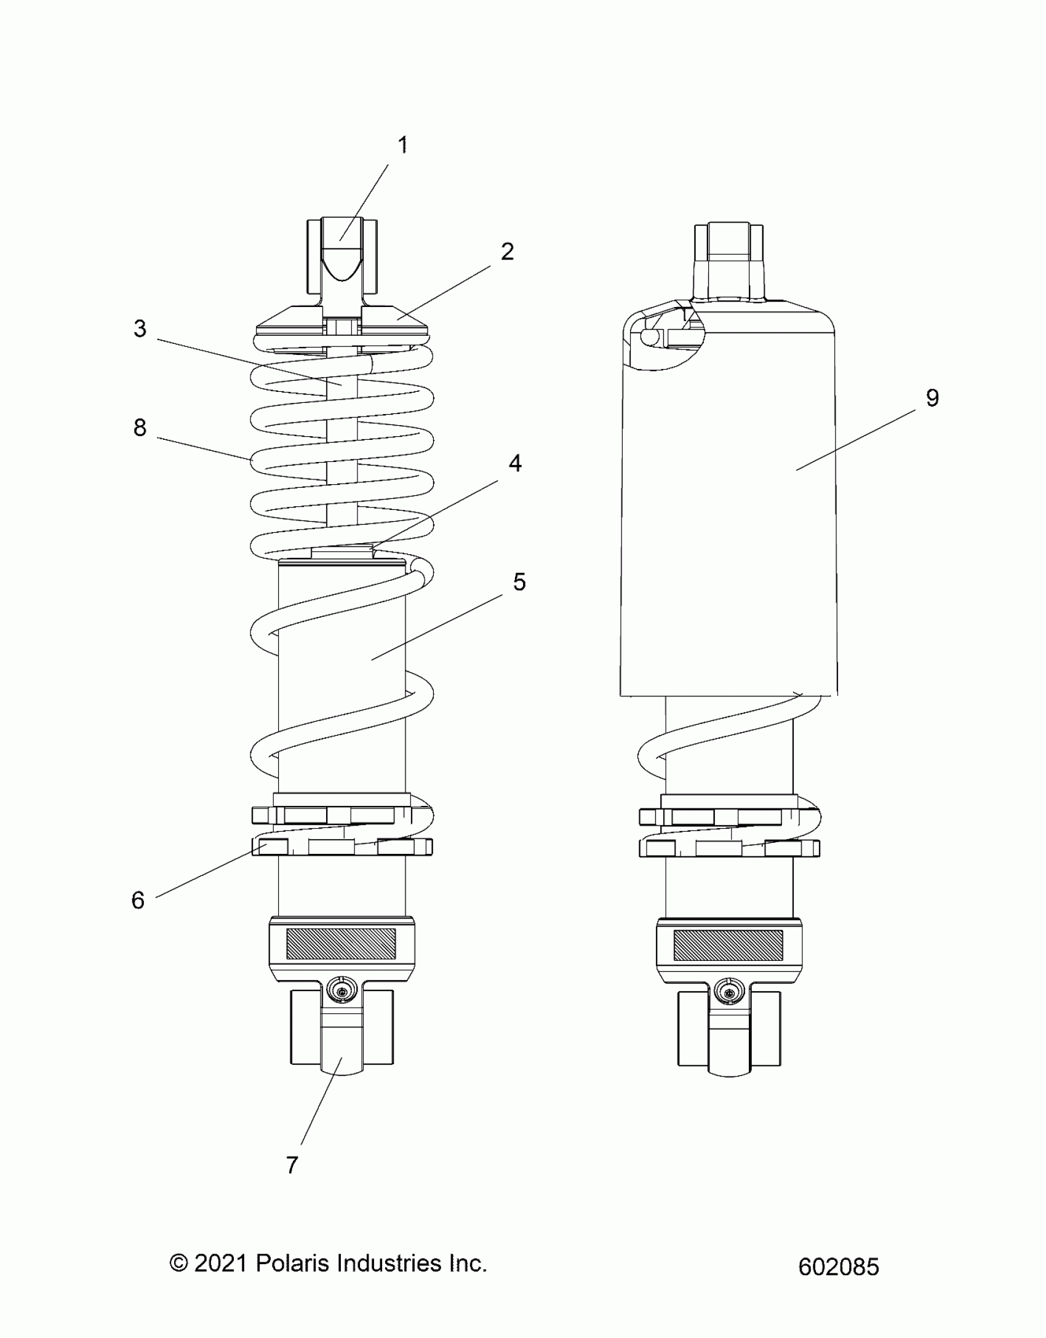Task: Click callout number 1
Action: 402,146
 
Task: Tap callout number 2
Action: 507,252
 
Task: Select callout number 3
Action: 140,329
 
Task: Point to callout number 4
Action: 515,463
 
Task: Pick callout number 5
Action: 519,582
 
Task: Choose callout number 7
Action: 292,1165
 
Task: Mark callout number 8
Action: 140,428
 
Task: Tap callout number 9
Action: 932,398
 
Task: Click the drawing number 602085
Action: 838,1267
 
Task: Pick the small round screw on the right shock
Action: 729,992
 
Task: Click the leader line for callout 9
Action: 855,440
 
